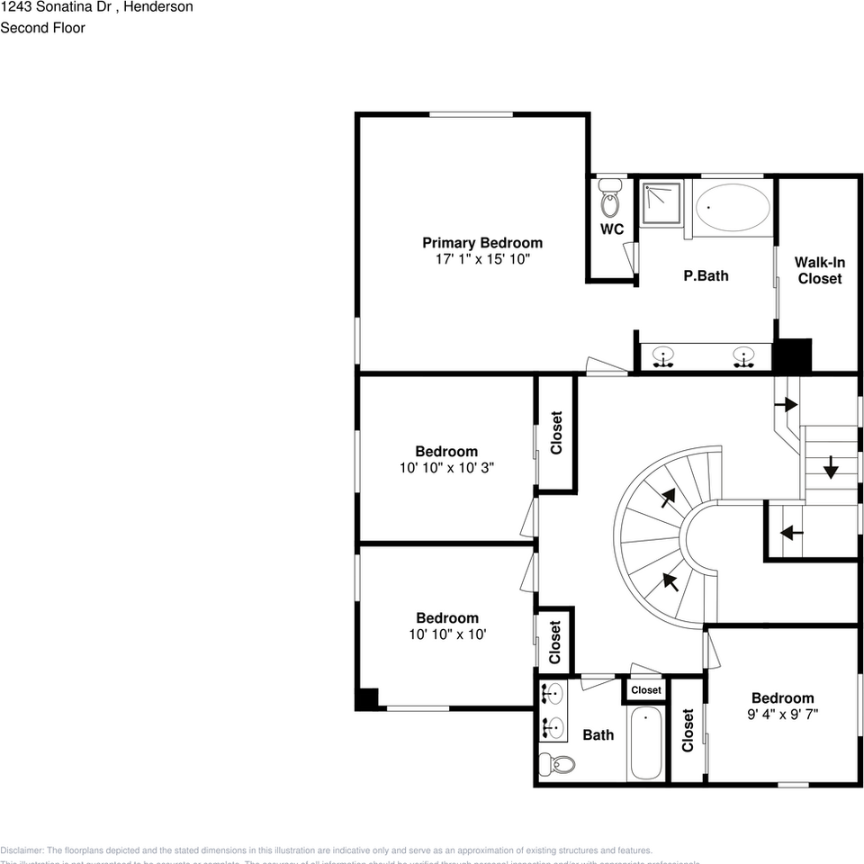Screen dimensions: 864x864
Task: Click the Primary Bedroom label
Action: tap(482, 242)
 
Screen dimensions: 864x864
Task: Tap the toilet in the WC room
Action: tap(611, 199)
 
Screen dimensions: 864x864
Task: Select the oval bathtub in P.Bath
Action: tap(733, 208)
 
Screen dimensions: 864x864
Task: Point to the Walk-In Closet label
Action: tap(819, 270)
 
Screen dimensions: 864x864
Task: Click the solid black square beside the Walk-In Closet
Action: tap(794, 355)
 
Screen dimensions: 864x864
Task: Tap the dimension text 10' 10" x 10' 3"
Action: tap(446, 468)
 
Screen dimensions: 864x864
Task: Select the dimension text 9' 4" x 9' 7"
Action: tap(782, 715)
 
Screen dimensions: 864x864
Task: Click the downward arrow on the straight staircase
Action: tap(830, 467)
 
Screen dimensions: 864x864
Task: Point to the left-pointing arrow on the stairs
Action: tap(791, 533)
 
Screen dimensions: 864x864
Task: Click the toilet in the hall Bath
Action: tap(557, 764)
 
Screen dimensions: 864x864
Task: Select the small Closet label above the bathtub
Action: tap(646, 690)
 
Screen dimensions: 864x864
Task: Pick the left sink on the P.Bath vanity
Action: tap(664, 356)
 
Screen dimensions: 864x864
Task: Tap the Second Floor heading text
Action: tap(42, 28)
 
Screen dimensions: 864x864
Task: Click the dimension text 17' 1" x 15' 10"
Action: tap(482, 259)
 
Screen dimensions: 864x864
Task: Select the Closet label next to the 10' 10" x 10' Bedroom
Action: tap(554, 642)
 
